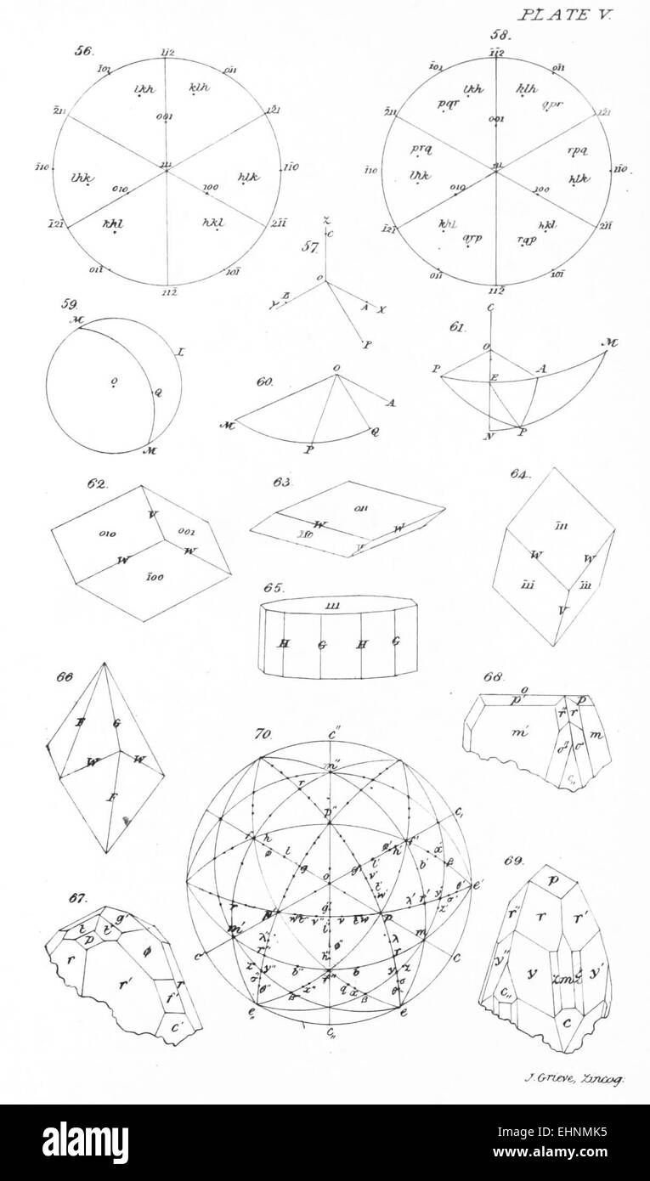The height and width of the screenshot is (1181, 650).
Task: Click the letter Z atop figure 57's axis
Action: [325, 220]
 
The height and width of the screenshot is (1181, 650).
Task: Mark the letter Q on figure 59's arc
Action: [156, 393]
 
